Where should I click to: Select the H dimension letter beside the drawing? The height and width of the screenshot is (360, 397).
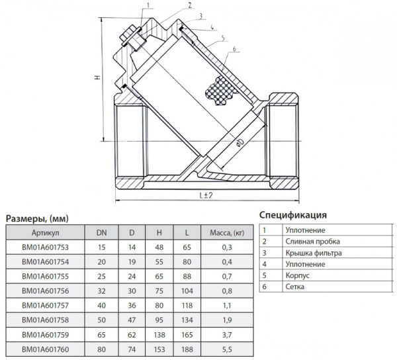point(97,78)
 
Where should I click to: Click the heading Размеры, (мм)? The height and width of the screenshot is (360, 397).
point(37,218)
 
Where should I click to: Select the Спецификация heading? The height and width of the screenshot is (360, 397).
point(293,215)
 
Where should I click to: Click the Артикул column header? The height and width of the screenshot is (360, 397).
point(46,233)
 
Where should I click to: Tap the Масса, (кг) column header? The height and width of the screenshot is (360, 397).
point(227,233)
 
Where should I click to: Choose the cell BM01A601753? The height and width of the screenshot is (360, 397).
point(46,247)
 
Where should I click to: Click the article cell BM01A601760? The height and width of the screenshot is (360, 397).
point(46,348)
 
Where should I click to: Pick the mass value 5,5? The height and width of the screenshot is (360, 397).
point(227,348)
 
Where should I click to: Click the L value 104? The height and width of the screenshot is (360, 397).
point(188,291)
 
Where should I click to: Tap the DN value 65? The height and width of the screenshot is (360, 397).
point(102,334)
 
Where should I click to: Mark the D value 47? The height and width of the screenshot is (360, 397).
point(132,319)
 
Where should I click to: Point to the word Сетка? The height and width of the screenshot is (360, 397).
point(295,287)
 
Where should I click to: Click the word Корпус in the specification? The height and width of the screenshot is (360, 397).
point(298,275)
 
